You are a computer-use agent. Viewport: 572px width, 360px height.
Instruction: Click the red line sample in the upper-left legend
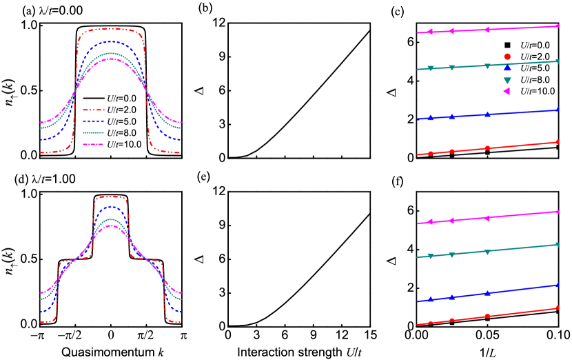click(93, 110)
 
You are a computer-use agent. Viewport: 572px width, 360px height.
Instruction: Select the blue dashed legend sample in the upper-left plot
click(93, 121)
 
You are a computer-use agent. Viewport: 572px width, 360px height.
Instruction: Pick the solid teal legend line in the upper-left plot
click(93, 132)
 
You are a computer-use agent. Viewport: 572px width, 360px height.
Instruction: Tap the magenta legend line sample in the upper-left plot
click(93, 144)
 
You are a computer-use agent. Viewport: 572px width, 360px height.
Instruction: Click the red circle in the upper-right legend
click(507, 57)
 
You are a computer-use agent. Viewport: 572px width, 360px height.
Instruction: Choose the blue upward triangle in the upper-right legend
click(507, 68)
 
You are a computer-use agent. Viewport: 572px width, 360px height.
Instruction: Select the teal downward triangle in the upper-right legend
click(507, 80)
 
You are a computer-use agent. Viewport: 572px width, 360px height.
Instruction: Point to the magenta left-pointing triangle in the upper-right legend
click(507, 91)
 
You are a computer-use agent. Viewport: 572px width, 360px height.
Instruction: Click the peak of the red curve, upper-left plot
click(110, 29)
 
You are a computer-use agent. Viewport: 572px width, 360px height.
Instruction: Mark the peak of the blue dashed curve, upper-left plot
click(110, 41)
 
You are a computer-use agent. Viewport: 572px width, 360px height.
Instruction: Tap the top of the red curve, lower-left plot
click(110, 197)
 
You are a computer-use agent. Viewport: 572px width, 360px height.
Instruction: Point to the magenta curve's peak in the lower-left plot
click(110, 226)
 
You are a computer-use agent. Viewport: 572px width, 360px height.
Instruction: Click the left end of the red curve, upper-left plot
click(41, 152)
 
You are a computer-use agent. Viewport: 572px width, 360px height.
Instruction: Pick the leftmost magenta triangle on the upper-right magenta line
click(429, 32)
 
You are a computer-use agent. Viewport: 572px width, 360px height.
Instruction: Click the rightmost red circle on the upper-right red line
click(557, 142)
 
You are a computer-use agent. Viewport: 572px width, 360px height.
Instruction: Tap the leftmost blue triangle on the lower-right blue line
click(431, 299)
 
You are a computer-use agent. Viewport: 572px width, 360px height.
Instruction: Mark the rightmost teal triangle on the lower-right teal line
click(557, 244)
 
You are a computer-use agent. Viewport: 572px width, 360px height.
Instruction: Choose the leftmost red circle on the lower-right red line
click(430, 323)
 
